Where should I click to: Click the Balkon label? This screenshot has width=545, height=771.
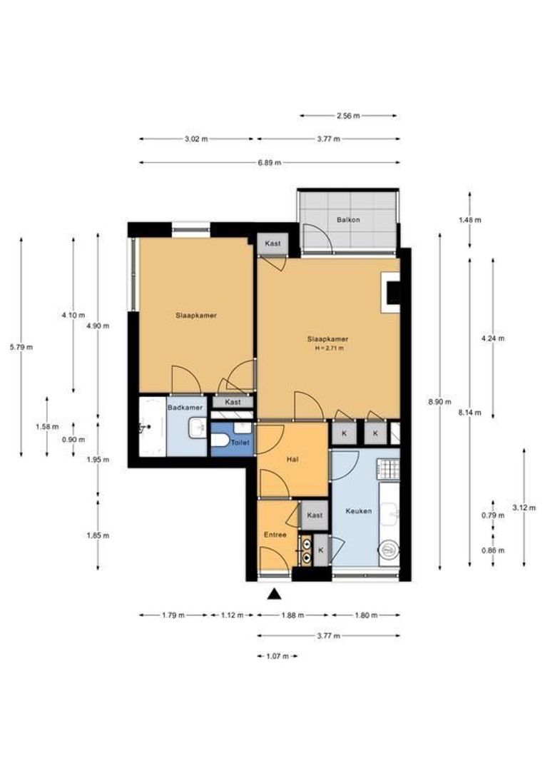pyautogui.click(x=348, y=220)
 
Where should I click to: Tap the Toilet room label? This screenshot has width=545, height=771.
pyautogui.click(x=240, y=443)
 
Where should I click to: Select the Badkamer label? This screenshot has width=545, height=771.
pyautogui.click(x=185, y=408)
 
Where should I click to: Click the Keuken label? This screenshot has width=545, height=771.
pyautogui.click(x=358, y=511)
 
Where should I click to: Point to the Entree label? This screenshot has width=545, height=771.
pyautogui.click(x=275, y=535)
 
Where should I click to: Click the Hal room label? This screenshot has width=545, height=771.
pyautogui.click(x=292, y=460)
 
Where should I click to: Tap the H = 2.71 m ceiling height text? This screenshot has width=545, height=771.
pyautogui.click(x=329, y=348)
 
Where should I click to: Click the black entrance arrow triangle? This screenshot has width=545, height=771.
pyautogui.click(x=274, y=595)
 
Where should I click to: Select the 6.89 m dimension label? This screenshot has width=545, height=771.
pyautogui.click(x=270, y=163)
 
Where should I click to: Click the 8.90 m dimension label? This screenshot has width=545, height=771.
pyautogui.click(x=439, y=402)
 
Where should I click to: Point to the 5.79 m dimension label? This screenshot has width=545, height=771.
pyautogui.click(x=21, y=347)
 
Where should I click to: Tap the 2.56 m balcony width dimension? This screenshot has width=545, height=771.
pyautogui.click(x=348, y=116)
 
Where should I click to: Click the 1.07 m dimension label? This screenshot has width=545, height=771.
pyautogui.click(x=277, y=656)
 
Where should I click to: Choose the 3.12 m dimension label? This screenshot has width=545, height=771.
pyautogui.click(x=524, y=508)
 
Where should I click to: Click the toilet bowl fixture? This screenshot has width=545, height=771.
pyautogui.click(x=220, y=440)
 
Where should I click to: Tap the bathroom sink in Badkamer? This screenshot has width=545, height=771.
pyautogui.click(x=198, y=428)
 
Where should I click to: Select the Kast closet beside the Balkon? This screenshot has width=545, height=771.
pyautogui.click(x=272, y=243)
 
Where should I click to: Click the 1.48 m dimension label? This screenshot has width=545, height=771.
pyautogui.click(x=470, y=220)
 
